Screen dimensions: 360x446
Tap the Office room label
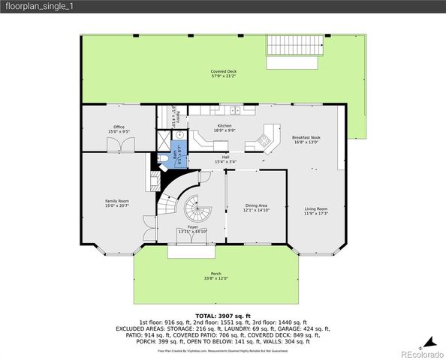pos(119,129)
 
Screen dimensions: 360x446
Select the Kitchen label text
pos(225,127)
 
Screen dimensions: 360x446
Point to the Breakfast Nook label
pos(306,139)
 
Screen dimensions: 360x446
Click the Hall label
pos(225,160)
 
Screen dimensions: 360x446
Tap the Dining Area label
pos(257,208)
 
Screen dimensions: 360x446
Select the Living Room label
pos(315,211)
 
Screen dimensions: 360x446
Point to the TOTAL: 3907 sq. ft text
pos(222,315)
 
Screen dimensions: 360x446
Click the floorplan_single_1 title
pos(30,6)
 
